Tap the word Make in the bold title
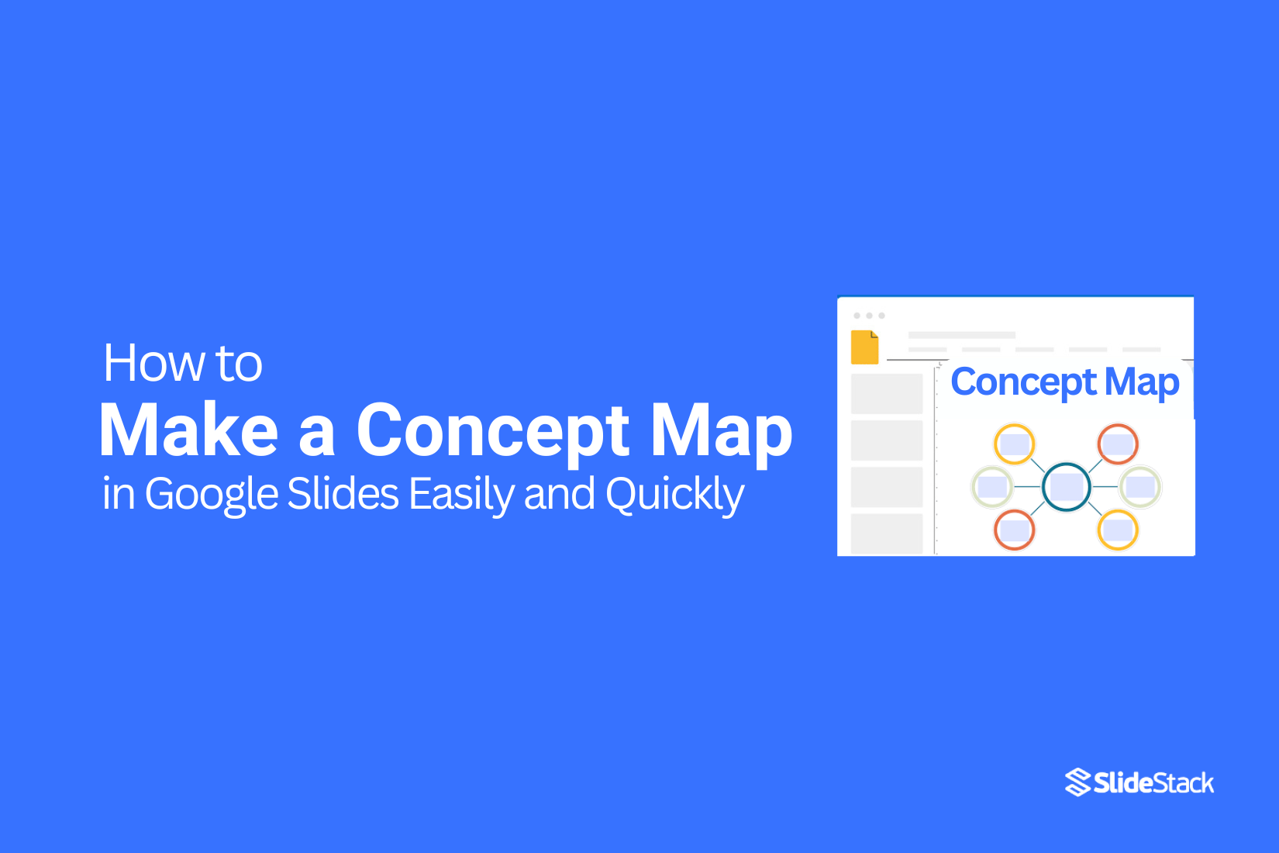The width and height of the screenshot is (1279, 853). tap(188, 431)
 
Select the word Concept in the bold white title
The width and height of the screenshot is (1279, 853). tap(492, 431)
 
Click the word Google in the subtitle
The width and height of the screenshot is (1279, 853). tap(211, 494)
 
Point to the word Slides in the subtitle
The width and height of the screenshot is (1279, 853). tap(343, 494)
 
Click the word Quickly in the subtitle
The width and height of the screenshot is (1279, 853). tap(674, 494)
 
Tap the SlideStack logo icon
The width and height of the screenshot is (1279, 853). tap(1077, 782)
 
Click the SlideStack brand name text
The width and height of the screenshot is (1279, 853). tap(1153, 783)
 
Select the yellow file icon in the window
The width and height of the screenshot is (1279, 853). tap(864, 347)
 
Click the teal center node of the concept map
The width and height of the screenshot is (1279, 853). tap(1067, 487)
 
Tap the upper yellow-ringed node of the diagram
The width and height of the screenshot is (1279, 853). tap(1014, 444)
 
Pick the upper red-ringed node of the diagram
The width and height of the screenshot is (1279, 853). tap(1118, 444)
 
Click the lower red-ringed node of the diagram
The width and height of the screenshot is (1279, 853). tap(1014, 530)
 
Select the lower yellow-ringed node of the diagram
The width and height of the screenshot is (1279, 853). tap(1118, 530)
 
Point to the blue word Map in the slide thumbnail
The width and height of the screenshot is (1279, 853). tap(1142, 382)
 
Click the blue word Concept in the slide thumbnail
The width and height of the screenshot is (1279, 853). tap(1023, 382)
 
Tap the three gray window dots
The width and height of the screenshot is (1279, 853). tap(869, 316)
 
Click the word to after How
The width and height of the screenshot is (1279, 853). tap(240, 363)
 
